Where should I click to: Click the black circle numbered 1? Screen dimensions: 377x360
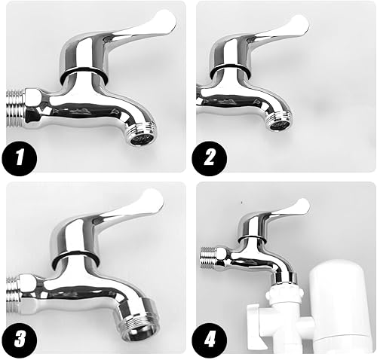pyautogui.click(x=20, y=158)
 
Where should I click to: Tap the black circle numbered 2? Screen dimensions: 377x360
pyautogui.click(x=210, y=158)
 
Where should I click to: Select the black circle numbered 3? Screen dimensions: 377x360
pyautogui.click(x=20, y=339)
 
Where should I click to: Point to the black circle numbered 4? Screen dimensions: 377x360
pyautogui.click(x=210, y=339)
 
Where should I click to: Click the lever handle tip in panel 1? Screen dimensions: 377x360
pyautogui.click(x=169, y=20)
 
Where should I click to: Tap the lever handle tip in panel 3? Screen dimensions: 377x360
pyautogui.click(x=155, y=200)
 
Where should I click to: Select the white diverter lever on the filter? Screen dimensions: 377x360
pyautogui.click(x=258, y=326)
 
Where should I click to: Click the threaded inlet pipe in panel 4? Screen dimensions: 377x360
pyautogui.click(x=209, y=258)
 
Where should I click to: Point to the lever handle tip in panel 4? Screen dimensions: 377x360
pyautogui.click(x=304, y=206)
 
